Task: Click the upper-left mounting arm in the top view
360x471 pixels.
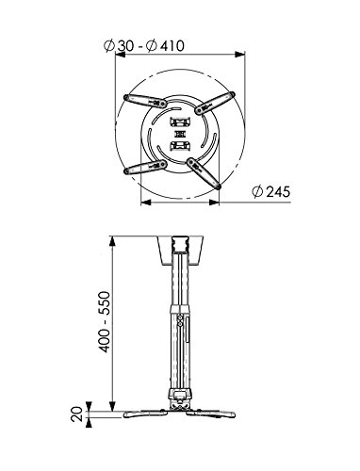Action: coord(143,101)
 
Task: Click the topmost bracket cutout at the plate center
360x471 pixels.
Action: coord(179,121)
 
